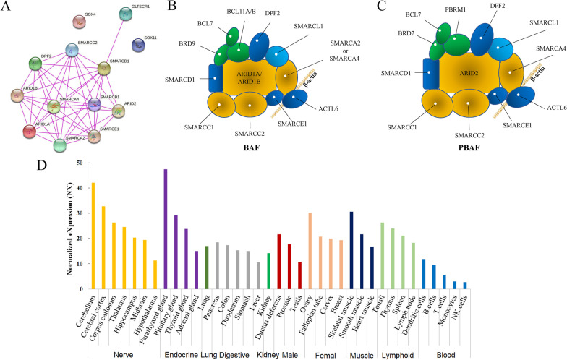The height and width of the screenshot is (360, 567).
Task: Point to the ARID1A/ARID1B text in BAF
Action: click(x=251, y=77)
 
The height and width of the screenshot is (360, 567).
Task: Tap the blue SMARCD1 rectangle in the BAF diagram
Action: click(x=216, y=77)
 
